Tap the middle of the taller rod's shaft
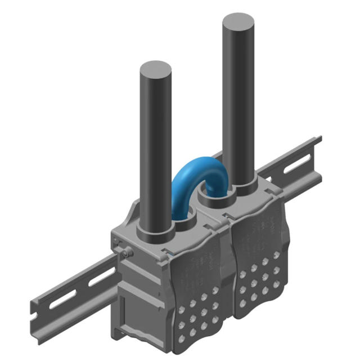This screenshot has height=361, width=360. pyautogui.click(x=238, y=107)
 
